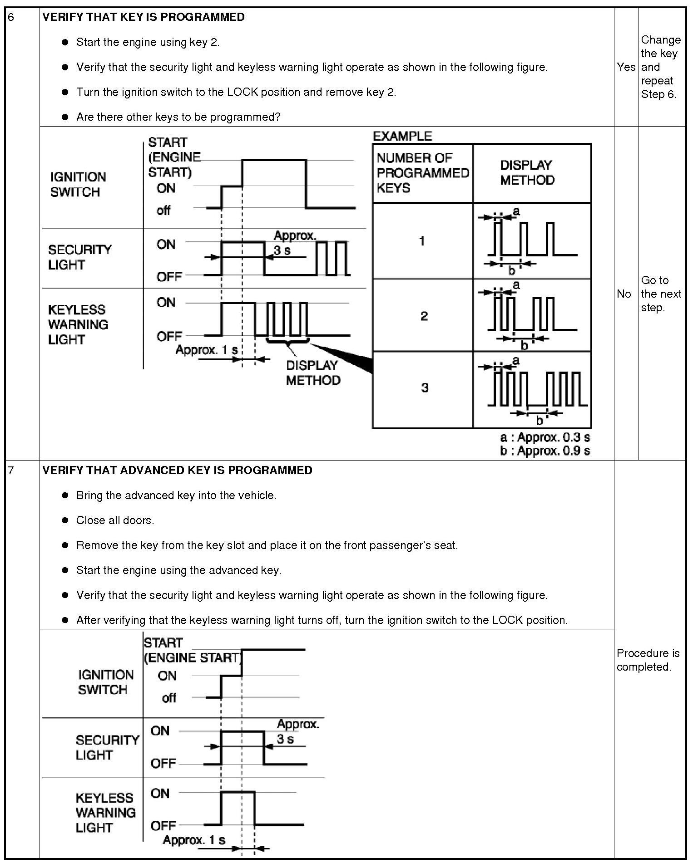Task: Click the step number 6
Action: click(11, 17)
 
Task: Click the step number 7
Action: click(11, 470)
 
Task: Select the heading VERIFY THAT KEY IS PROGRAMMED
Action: click(144, 17)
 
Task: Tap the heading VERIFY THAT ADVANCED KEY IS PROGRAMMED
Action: click(177, 470)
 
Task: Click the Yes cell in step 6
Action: click(626, 67)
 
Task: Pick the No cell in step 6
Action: click(624, 294)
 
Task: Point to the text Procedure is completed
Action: click(648, 660)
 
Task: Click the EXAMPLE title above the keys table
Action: click(402, 136)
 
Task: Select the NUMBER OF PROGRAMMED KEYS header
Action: click(422, 173)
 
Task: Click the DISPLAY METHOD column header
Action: click(527, 172)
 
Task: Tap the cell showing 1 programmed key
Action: click(422, 241)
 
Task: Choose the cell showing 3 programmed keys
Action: click(424, 388)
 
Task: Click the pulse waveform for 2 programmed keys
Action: click(531, 315)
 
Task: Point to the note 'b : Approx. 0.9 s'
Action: click(544, 451)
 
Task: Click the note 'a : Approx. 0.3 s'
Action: click(544, 437)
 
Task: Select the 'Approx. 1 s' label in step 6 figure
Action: click(207, 350)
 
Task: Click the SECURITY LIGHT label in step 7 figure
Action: click(107, 747)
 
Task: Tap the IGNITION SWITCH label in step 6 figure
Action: click(78, 184)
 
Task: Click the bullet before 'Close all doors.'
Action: click(65, 520)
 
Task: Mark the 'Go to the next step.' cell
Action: click(661, 294)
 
